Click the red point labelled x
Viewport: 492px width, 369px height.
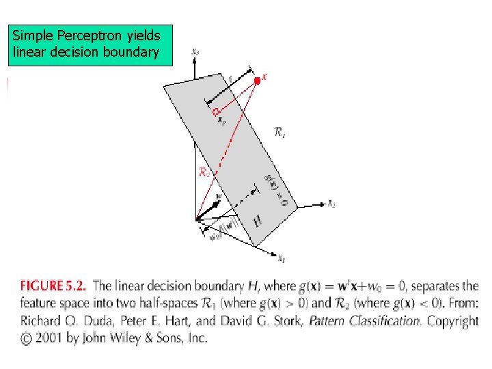(257, 81)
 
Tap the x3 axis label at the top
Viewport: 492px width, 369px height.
(195, 51)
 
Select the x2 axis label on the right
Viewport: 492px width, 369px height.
(331, 203)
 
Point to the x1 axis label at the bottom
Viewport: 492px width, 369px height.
(280, 258)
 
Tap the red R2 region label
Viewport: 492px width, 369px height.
(204, 173)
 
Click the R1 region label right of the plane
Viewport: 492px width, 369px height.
(279, 134)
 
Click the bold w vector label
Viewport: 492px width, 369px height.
(218, 196)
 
